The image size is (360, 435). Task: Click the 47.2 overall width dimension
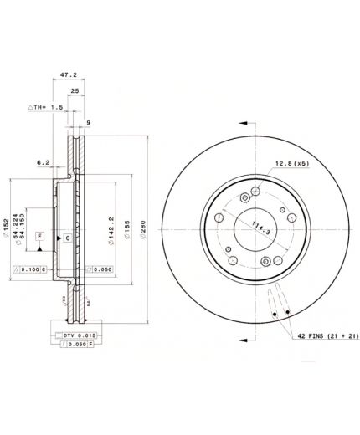coord(69,75)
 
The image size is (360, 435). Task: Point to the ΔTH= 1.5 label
coord(45,108)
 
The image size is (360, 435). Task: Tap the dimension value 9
coord(87,123)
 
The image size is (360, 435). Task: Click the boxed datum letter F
coord(39,238)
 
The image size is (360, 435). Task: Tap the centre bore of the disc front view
coord(253,224)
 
